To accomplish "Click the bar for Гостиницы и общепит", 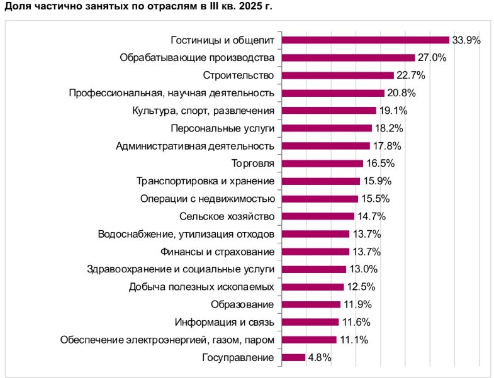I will (365, 40).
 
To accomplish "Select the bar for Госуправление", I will (293, 358).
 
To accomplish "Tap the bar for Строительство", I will (337, 75).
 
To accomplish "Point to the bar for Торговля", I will (322, 164).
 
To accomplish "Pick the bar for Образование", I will (311, 305).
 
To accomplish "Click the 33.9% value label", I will (466, 40).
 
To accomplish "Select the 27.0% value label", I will (432, 58).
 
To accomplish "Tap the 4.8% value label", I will (319, 358).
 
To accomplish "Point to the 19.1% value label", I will (393, 111).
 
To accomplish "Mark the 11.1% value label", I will (353, 340).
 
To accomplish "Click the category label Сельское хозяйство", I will (227, 216).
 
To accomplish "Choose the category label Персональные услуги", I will (223, 128).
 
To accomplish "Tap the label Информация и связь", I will (225, 323).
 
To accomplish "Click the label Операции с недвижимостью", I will (207, 199).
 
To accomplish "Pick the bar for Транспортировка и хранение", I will (320, 181).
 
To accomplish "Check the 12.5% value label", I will (361, 287).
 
